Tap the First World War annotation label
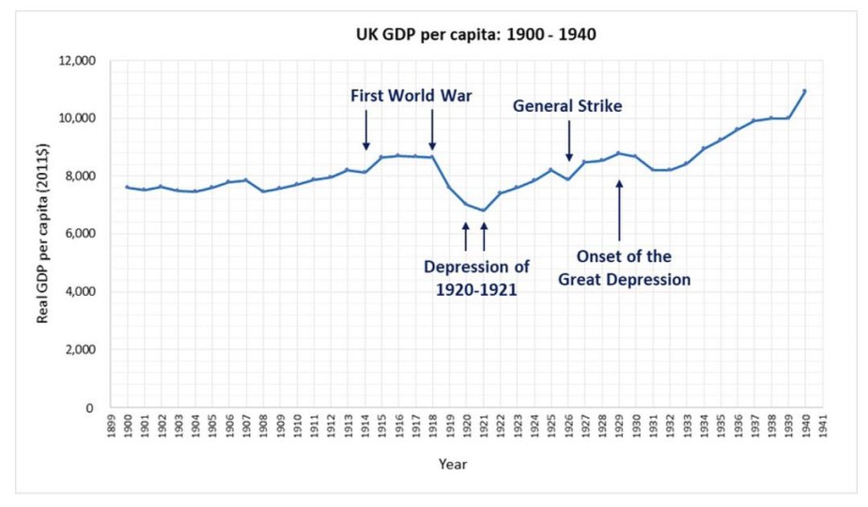(411, 96)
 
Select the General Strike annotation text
(567, 106)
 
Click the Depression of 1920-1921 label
(472, 277)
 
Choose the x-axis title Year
(452, 464)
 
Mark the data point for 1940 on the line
(805, 91)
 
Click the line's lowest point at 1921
(484, 210)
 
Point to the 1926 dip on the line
(568, 179)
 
